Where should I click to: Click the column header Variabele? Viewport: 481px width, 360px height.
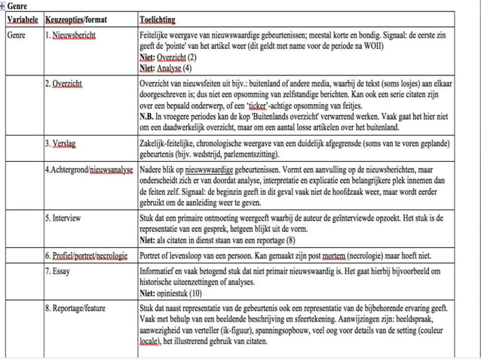[23, 19]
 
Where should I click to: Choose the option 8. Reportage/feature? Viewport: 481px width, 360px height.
[81, 308]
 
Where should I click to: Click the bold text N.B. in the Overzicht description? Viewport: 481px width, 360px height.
[148, 117]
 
